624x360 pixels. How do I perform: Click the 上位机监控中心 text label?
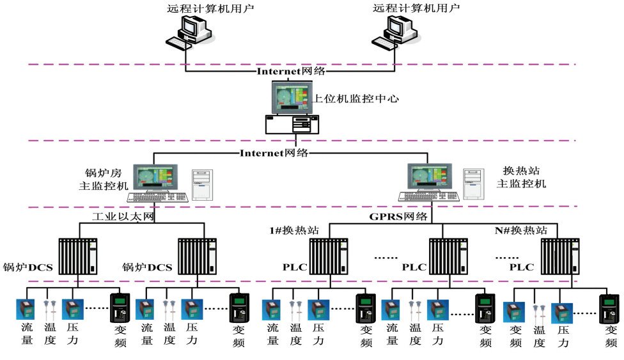click(356, 99)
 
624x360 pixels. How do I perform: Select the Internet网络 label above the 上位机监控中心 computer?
click(291, 71)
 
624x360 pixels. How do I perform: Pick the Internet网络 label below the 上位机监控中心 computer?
click(274, 153)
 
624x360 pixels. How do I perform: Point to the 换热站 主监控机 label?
click(521, 178)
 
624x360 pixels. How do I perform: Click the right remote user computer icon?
click(397, 31)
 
